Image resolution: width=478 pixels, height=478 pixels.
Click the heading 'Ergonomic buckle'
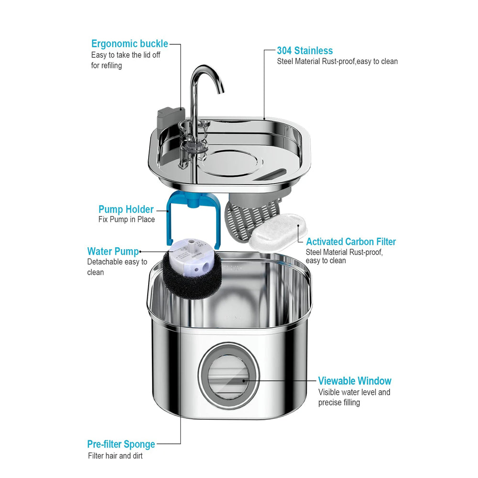pos(130,44)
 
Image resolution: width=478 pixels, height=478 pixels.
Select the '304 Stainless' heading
pos(305,51)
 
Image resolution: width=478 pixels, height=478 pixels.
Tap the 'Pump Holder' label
pos(126,209)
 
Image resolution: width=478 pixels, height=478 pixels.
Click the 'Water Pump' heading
pos(113,251)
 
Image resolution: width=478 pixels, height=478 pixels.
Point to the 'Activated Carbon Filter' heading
pos(351,242)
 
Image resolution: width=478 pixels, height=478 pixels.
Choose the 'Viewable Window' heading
pos(355,381)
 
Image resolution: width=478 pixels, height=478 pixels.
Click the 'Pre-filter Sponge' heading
pos(121,444)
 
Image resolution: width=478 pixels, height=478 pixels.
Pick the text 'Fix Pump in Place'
pos(127,220)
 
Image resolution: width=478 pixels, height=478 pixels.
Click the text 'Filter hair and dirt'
pos(115,456)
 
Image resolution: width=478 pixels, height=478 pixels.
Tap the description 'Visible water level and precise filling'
pos(354,397)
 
